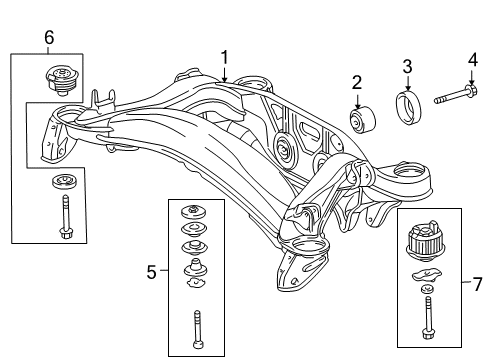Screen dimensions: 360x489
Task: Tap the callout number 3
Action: [x=407, y=67]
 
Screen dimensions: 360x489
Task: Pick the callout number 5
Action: [x=152, y=270]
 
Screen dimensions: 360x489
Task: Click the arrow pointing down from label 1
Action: [x=226, y=72]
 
